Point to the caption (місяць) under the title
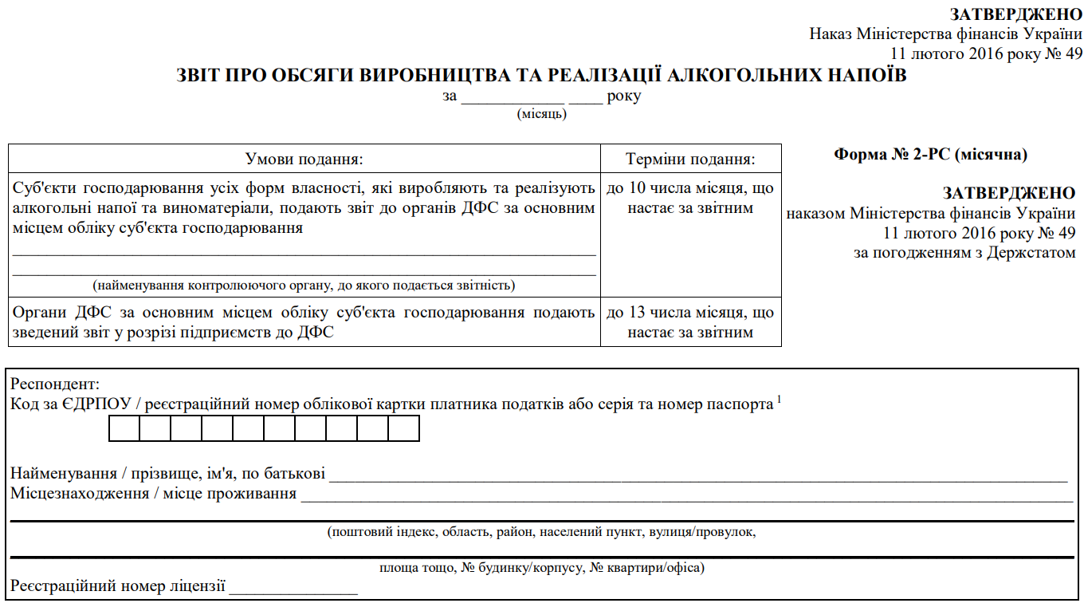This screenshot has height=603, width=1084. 542,114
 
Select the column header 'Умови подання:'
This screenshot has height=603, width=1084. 304,159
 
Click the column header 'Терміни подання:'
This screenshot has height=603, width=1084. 690,159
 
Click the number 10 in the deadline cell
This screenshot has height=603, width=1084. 635,189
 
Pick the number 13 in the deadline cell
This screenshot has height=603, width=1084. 635,313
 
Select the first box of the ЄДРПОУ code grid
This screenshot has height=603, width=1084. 124,429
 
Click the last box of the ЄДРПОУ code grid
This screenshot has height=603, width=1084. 404,429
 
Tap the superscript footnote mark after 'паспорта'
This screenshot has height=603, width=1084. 779,400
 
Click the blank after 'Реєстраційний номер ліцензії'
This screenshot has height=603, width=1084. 293,591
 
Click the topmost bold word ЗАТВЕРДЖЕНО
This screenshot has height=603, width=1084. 1016,14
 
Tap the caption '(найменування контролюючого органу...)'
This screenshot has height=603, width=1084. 304,285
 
